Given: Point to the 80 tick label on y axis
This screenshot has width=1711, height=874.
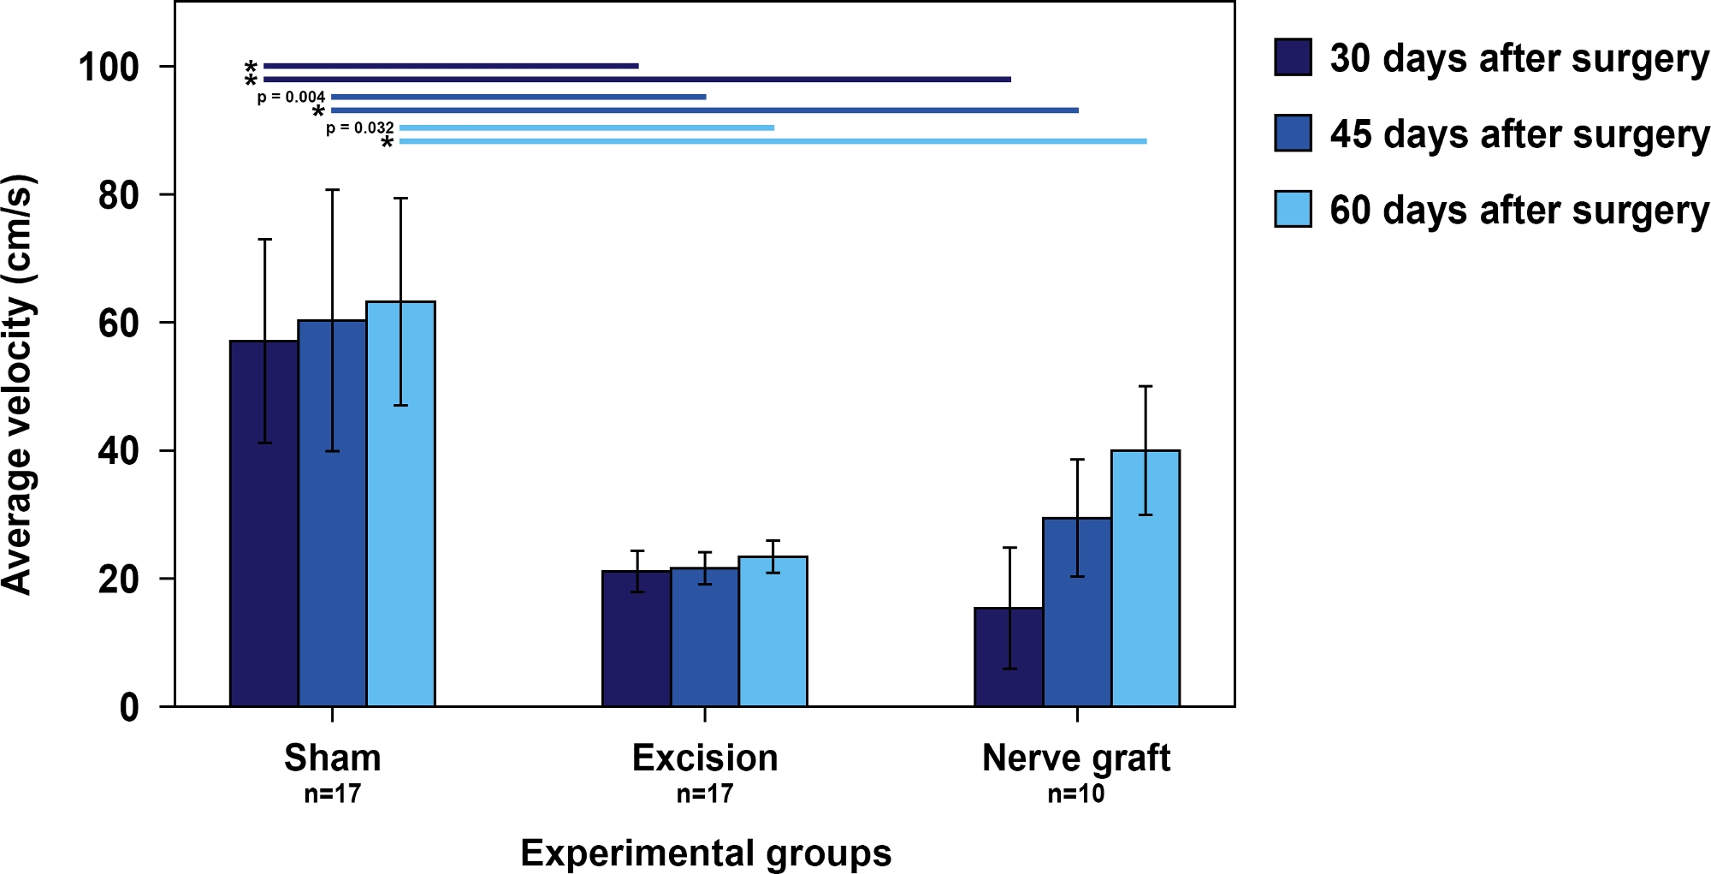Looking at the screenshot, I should click(119, 196).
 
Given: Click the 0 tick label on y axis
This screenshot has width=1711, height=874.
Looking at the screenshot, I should click(129, 708).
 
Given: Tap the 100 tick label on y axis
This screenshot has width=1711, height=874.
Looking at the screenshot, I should click(109, 68).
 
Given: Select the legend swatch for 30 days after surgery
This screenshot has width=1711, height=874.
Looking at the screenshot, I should click(1293, 57).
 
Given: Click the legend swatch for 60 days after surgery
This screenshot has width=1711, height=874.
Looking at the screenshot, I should click(1293, 209).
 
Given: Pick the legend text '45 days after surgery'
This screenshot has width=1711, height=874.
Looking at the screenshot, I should click(1519, 134).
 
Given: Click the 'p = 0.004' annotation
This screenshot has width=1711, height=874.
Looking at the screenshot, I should click(291, 97).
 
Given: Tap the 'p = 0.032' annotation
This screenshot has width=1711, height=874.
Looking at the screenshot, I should click(359, 128).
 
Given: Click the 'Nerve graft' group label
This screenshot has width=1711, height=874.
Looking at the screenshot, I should click(1076, 758).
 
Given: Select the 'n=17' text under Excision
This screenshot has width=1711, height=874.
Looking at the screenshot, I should click(704, 794).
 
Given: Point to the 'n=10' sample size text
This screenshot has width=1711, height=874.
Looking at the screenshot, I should click(1076, 794).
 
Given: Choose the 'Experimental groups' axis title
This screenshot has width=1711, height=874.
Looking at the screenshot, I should click(706, 853).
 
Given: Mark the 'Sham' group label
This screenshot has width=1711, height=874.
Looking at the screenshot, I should click(332, 758).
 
